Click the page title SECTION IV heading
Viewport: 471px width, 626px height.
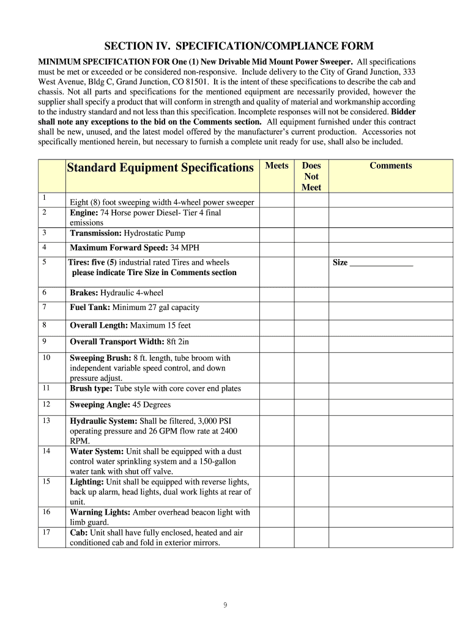click(239, 46)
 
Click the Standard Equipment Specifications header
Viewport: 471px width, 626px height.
click(160, 168)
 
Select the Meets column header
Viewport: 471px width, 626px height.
click(277, 166)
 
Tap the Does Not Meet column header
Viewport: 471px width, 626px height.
click(311, 176)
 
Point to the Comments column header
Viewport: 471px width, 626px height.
click(391, 166)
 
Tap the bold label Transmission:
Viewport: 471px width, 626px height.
click(96, 233)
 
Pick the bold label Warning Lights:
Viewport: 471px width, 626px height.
click(100, 512)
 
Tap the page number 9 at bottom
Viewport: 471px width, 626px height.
click(226, 605)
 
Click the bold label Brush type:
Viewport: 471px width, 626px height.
click(91, 388)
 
